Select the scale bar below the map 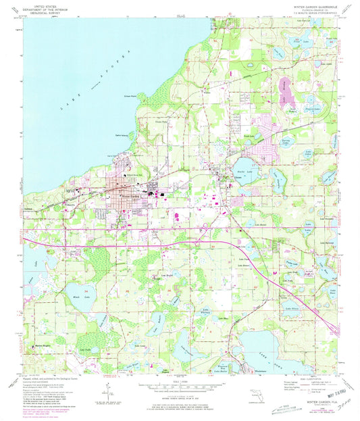(179, 390)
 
